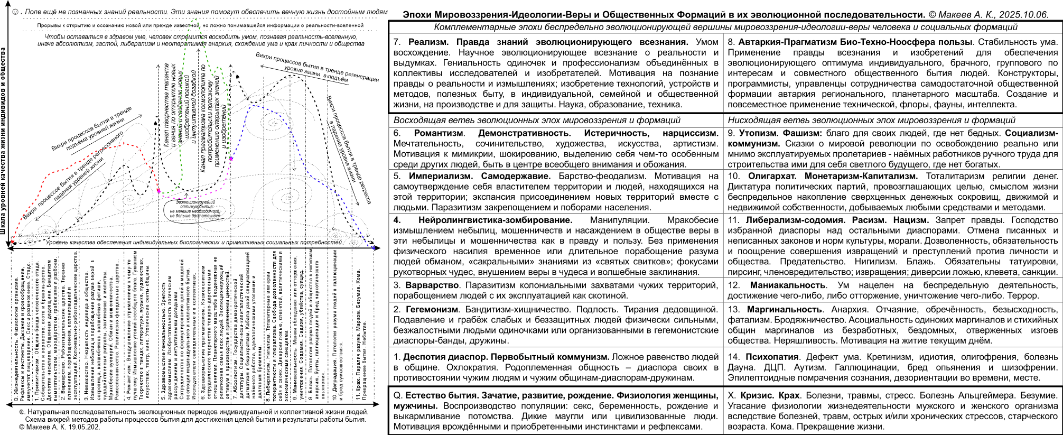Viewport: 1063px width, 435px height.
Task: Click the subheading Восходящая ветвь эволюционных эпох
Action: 537,120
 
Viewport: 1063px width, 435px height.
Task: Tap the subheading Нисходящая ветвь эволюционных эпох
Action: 871,120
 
